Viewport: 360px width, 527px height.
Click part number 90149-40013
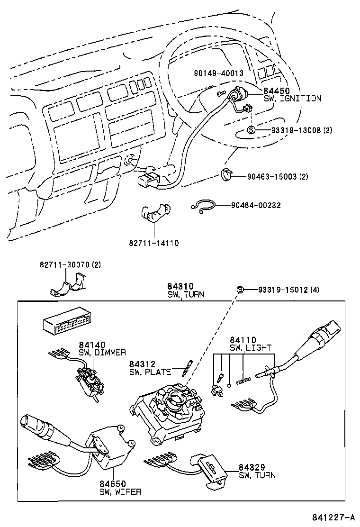pyautogui.click(x=218, y=73)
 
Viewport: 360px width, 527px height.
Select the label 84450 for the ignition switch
pyautogui.click(x=276, y=91)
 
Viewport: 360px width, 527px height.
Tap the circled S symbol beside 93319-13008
pyautogui.click(x=252, y=130)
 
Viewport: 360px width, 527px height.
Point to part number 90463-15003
pyautogui.click(x=272, y=177)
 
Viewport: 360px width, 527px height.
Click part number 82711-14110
pyautogui.click(x=153, y=243)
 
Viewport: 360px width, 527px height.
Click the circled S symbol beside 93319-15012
pyautogui.click(x=240, y=290)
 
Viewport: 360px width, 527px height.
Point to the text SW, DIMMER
pyautogui.click(x=103, y=353)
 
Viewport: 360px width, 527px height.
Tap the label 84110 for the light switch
pyautogui.click(x=243, y=340)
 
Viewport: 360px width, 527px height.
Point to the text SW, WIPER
pyautogui.click(x=120, y=491)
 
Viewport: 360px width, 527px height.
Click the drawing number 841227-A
pyautogui.click(x=333, y=517)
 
